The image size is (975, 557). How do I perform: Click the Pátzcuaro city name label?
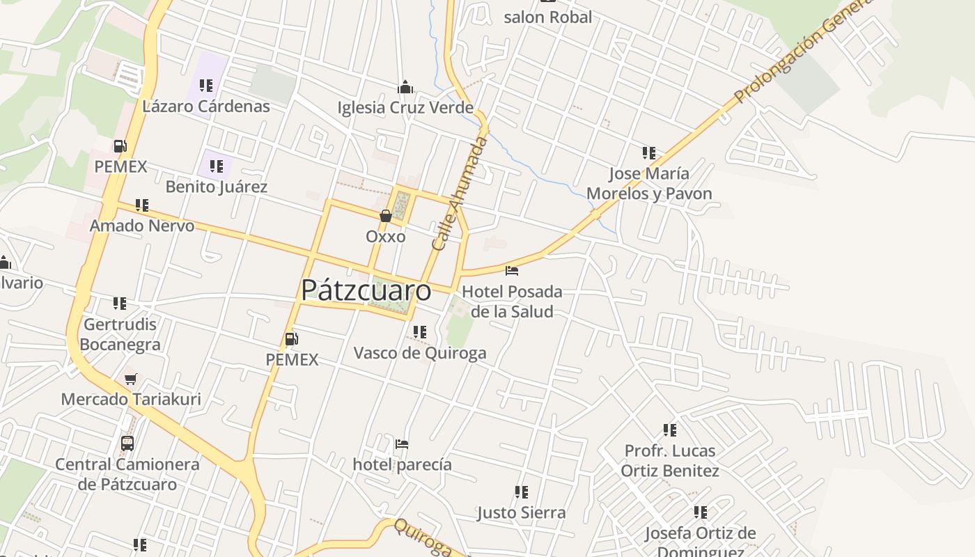coord(366,290)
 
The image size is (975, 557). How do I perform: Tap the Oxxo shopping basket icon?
coord(385,216)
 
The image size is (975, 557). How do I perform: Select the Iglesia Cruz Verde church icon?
coord(405,87)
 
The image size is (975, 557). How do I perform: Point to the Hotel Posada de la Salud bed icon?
coord(512,270)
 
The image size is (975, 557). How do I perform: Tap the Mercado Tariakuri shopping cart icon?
coord(130,379)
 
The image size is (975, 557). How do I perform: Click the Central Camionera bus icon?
coord(127,444)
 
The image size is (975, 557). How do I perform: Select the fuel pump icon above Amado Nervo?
coord(120,146)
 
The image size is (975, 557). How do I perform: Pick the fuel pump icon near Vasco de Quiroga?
coord(292,339)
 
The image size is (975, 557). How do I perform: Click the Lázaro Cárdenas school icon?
coord(205,86)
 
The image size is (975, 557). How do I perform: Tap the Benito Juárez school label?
coord(216,187)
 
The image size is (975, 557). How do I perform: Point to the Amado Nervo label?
coord(142,226)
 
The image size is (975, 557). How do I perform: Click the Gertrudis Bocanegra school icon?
coord(120,304)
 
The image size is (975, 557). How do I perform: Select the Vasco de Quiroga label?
coord(420,353)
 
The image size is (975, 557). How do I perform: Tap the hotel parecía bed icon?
coord(401,444)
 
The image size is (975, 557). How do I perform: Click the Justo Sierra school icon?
coord(521,492)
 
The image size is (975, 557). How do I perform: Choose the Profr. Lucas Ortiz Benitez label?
coord(669,461)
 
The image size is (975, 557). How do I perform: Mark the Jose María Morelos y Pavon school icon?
coord(648,152)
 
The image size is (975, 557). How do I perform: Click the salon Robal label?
coord(547,17)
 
